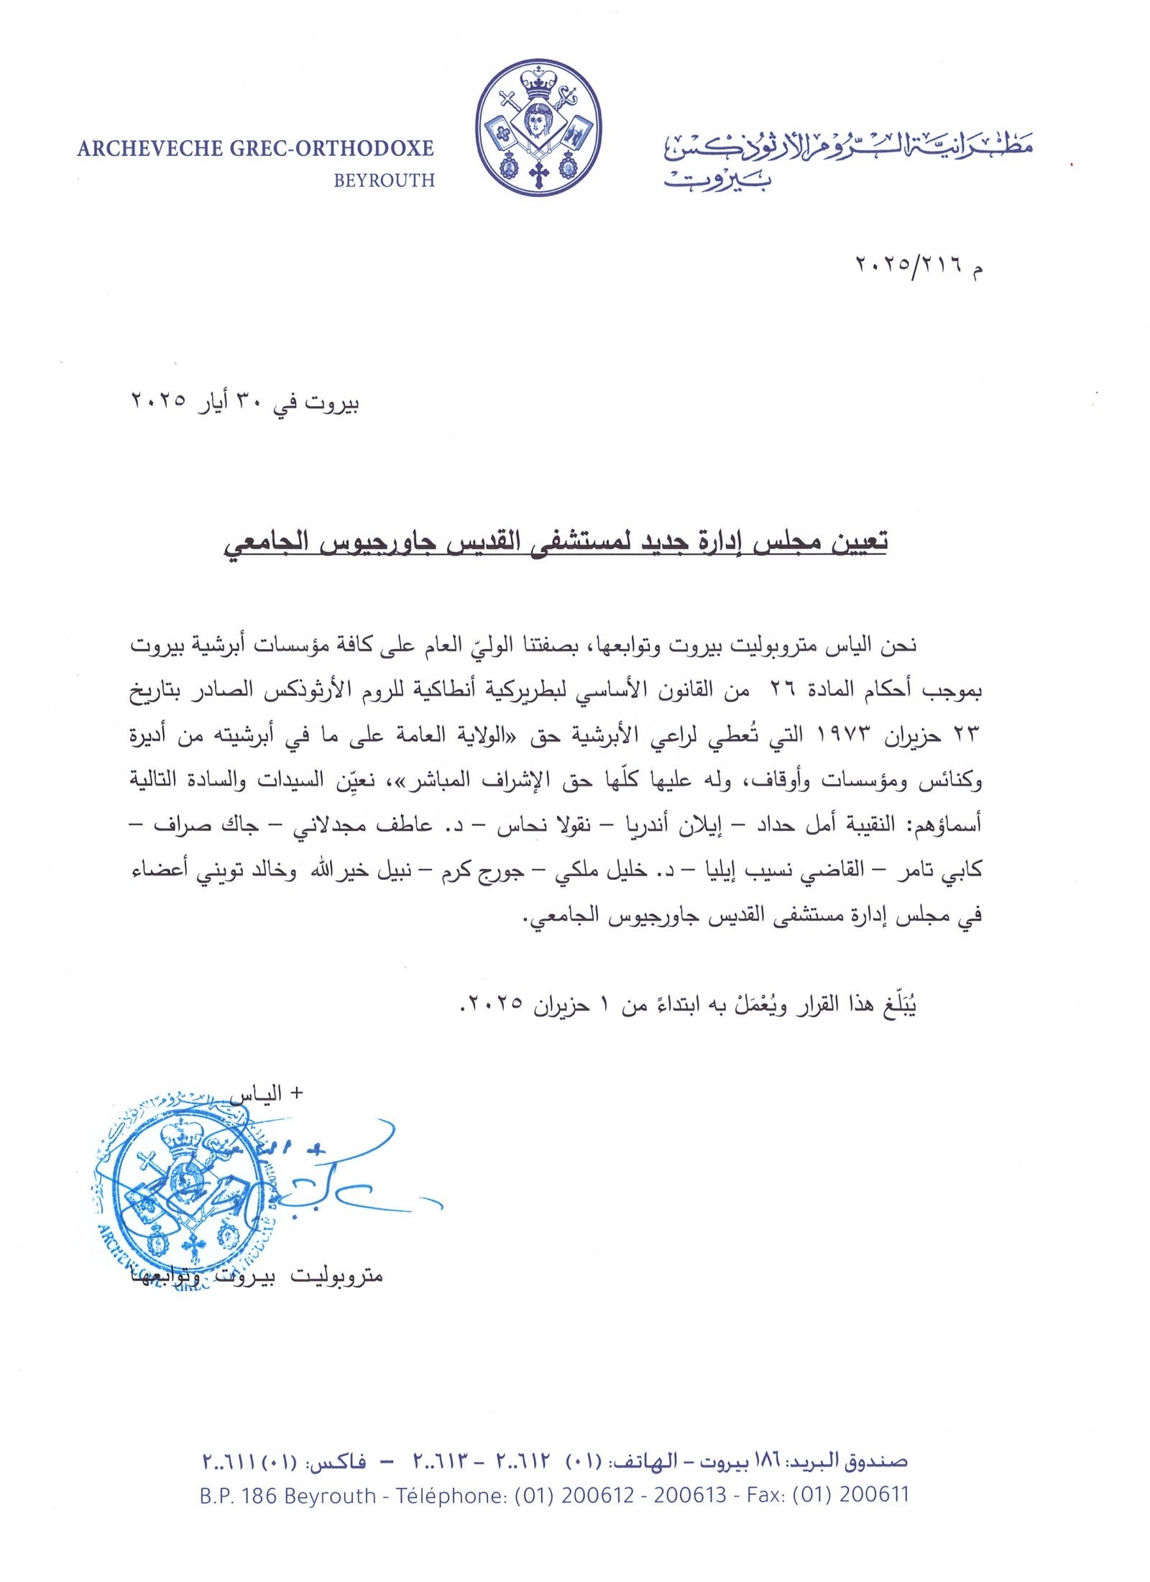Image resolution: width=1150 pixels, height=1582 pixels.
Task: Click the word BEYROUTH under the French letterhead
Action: point(384,180)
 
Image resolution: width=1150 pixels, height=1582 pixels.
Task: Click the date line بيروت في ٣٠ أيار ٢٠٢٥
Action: point(244,403)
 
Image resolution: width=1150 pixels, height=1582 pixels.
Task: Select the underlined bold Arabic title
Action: point(553,541)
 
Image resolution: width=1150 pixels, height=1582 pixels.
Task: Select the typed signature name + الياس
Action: point(266,1095)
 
